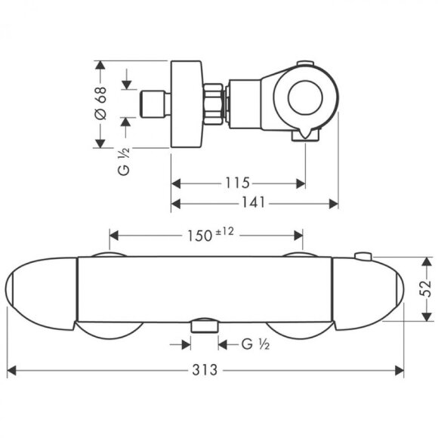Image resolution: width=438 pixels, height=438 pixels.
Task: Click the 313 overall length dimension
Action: point(205,370)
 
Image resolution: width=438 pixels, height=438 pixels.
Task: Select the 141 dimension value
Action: point(253,202)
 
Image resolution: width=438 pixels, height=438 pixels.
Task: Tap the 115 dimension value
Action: point(237,183)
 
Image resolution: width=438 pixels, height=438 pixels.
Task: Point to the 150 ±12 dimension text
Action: point(210,234)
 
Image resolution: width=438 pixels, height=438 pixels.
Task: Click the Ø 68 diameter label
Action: point(101,103)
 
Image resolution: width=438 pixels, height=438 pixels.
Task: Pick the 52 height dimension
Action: point(426,288)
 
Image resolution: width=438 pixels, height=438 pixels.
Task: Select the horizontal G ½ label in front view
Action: point(255,344)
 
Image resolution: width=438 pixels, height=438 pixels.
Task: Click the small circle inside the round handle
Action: point(305,97)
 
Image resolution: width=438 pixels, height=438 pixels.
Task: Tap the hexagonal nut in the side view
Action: point(214,103)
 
